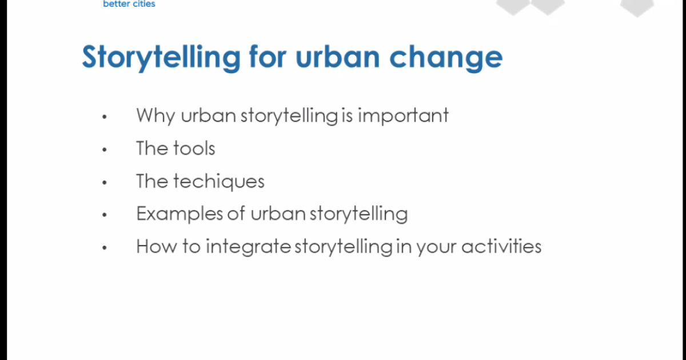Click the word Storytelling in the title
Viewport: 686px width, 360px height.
pos(161,58)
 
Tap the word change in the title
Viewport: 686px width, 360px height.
pos(446,58)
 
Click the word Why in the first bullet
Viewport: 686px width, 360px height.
pos(155,115)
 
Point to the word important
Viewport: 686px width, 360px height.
pos(404,115)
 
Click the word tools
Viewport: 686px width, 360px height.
pos(194,149)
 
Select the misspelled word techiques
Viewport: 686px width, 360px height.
pos(219,181)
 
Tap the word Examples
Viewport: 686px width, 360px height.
pos(180,214)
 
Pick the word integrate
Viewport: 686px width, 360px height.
pos(248,247)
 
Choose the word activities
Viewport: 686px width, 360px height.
pos(502,246)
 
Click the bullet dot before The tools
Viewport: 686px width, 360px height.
pos(105,149)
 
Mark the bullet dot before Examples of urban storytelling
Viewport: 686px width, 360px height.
pos(105,215)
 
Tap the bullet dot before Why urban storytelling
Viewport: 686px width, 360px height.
pos(105,117)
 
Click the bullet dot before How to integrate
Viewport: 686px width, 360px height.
pos(105,247)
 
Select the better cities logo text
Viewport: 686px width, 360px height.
pos(129,4)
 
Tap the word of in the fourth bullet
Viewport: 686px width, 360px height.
pos(237,213)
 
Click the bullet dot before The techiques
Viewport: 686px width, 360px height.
pos(105,182)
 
